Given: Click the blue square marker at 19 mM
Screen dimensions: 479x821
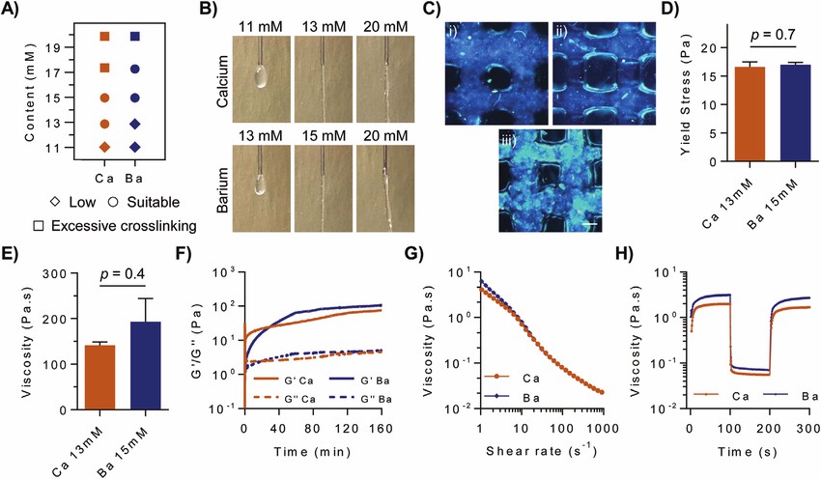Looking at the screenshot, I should [136, 37].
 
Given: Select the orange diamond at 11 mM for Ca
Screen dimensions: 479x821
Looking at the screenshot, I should [105, 147].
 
